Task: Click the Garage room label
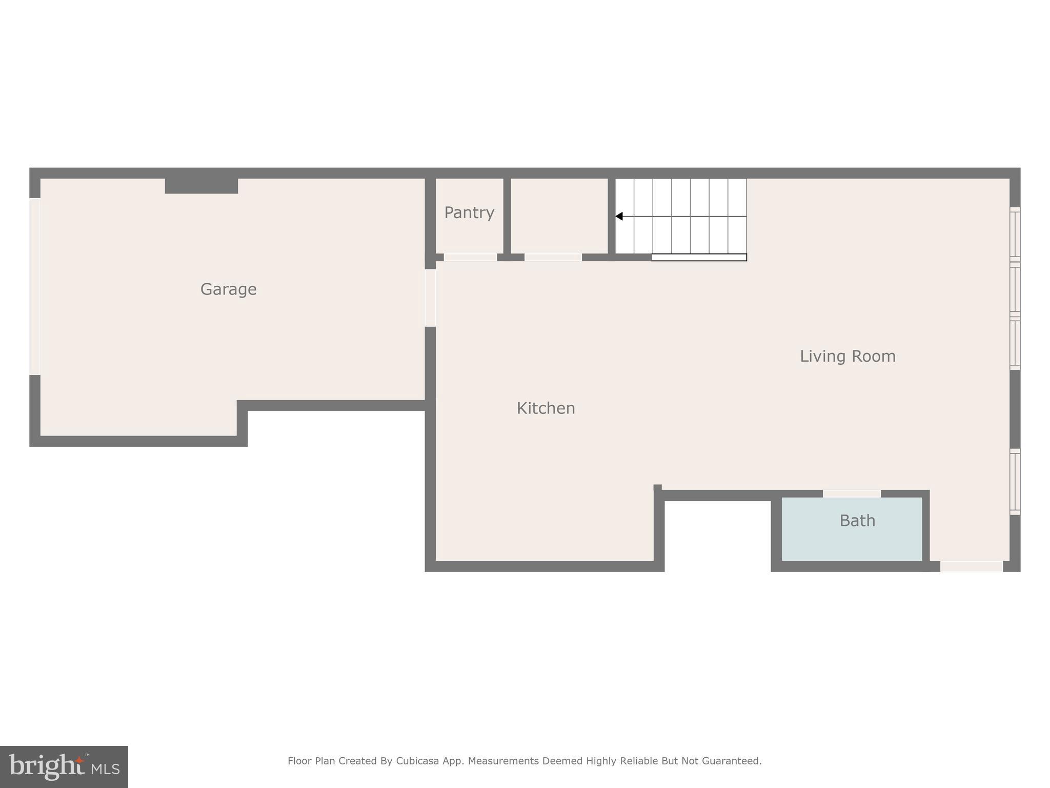tap(228, 289)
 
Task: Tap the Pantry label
tap(469, 212)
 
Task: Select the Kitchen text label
tap(546, 408)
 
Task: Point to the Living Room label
tap(847, 356)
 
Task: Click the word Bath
tap(857, 521)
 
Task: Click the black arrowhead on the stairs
tap(619, 216)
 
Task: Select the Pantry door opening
tap(470, 257)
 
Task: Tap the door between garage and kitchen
tap(430, 298)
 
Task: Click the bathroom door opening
tap(852, 494)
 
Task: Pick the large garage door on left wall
tap(35, 286)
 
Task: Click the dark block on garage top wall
tap(201, 186)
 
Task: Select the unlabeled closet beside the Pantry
tap(559, 215)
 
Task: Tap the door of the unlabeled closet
tap(553, 257)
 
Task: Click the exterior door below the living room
tap(971, 566)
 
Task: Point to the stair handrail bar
tap(699, 257)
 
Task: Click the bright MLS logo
tap(64, 766)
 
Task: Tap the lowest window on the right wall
tap(1015, 481)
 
